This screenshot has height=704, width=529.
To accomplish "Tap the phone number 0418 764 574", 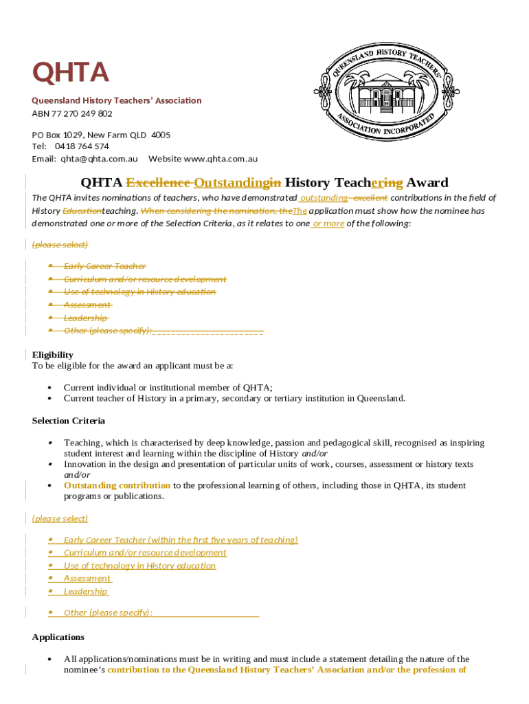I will point(82,146).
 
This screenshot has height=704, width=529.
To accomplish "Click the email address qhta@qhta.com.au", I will point(103,159).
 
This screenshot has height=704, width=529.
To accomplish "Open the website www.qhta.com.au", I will point(221,159).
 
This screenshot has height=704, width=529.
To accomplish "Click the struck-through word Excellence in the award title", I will point(158,183).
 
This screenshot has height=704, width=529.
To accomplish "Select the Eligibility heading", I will point(53,355).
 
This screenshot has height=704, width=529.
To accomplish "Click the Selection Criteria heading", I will point(69,421).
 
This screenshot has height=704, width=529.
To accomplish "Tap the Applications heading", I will point(58,637).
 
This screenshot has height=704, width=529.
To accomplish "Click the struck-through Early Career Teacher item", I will point(104,266).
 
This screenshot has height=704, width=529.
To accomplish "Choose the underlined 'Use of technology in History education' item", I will point(139,566).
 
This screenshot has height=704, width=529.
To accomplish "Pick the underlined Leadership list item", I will point(86,591).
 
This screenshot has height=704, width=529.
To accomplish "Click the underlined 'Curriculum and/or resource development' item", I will point(145,553).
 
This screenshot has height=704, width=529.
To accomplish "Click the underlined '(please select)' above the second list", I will point(60,518).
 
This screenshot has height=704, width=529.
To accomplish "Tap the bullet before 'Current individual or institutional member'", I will point(51,388).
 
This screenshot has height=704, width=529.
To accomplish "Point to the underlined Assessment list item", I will point(87,578).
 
